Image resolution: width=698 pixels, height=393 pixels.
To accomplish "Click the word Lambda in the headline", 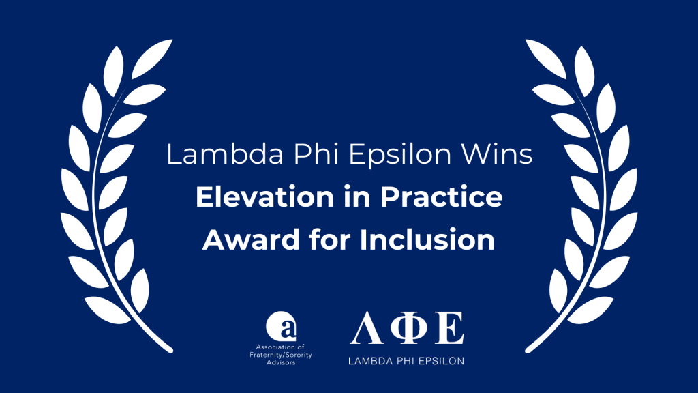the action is [x=225, y=155].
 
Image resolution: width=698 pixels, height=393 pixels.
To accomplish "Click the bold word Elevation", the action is [x=265, y=197].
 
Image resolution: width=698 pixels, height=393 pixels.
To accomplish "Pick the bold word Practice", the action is [x=441, y=197].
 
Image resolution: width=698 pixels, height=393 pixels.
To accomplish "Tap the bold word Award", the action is [x=251, y=239].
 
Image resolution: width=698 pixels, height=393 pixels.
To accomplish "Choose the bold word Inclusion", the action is [x=427, y=239].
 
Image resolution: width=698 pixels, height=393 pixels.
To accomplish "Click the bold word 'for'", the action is [x=330, y=239].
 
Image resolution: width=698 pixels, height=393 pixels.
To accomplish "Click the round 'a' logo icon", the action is [x=281, y=325].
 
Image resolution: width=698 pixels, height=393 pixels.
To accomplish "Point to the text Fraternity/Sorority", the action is [x=280, y=355].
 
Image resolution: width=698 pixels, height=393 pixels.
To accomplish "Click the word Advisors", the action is [x=281, y=363].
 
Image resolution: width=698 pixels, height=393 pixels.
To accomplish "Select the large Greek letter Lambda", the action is [x=366, y=328].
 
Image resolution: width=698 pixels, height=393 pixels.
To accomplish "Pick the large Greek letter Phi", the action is [x=409, y=328].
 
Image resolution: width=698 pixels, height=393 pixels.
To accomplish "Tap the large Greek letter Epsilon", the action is [x=450, y=328].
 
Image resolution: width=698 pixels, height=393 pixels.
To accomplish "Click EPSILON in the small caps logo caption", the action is [x=443, y=361].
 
